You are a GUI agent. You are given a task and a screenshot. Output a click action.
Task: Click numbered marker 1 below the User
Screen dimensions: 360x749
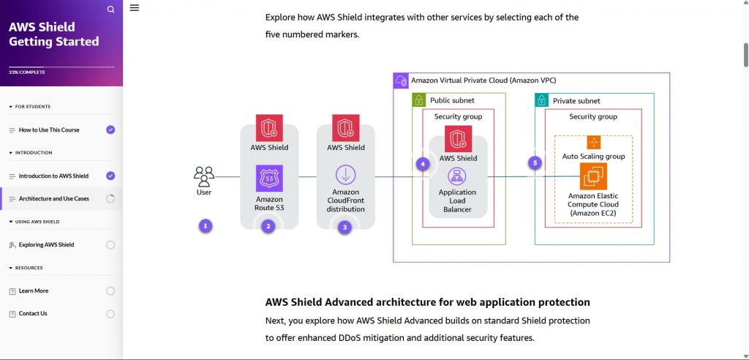click(206, 226)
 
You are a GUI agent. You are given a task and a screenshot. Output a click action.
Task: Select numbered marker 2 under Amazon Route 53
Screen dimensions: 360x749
click(268, 226)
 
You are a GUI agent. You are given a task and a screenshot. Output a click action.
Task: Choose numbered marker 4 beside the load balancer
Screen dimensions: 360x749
click(422, 164)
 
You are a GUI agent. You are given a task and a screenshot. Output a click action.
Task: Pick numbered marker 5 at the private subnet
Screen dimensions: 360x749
click(535, 163)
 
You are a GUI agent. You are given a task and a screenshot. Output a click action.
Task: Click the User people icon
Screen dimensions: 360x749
click(204, 175)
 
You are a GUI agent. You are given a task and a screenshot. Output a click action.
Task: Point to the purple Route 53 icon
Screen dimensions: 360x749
click(268, 178)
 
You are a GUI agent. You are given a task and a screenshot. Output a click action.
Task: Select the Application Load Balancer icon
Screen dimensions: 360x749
click(457, 176)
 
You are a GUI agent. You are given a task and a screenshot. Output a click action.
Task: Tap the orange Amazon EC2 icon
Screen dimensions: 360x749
click(593, 176)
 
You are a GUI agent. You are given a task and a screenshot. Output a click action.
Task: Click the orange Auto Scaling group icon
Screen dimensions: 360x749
click(593, 142)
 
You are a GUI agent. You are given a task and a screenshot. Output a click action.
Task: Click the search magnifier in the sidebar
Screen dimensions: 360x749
click(110, 10)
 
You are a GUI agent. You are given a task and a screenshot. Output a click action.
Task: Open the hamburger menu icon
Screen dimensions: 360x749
click(135, 8)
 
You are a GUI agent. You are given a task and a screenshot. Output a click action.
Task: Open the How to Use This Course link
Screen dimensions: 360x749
click(49, 130)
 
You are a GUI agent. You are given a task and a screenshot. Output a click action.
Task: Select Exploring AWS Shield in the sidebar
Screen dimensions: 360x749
click(46, 244)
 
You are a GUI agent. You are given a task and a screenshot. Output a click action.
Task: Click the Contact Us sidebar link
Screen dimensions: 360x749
click(33, 313)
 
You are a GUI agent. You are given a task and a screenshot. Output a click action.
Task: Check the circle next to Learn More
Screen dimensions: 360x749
click(110, 290)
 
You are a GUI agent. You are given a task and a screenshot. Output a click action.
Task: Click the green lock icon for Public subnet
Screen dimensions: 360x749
click(420, 100)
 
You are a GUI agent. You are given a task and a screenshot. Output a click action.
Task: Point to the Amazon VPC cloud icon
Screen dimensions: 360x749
click(401, 80)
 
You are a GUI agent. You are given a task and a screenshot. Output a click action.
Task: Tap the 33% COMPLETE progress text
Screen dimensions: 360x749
click(27, 72)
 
